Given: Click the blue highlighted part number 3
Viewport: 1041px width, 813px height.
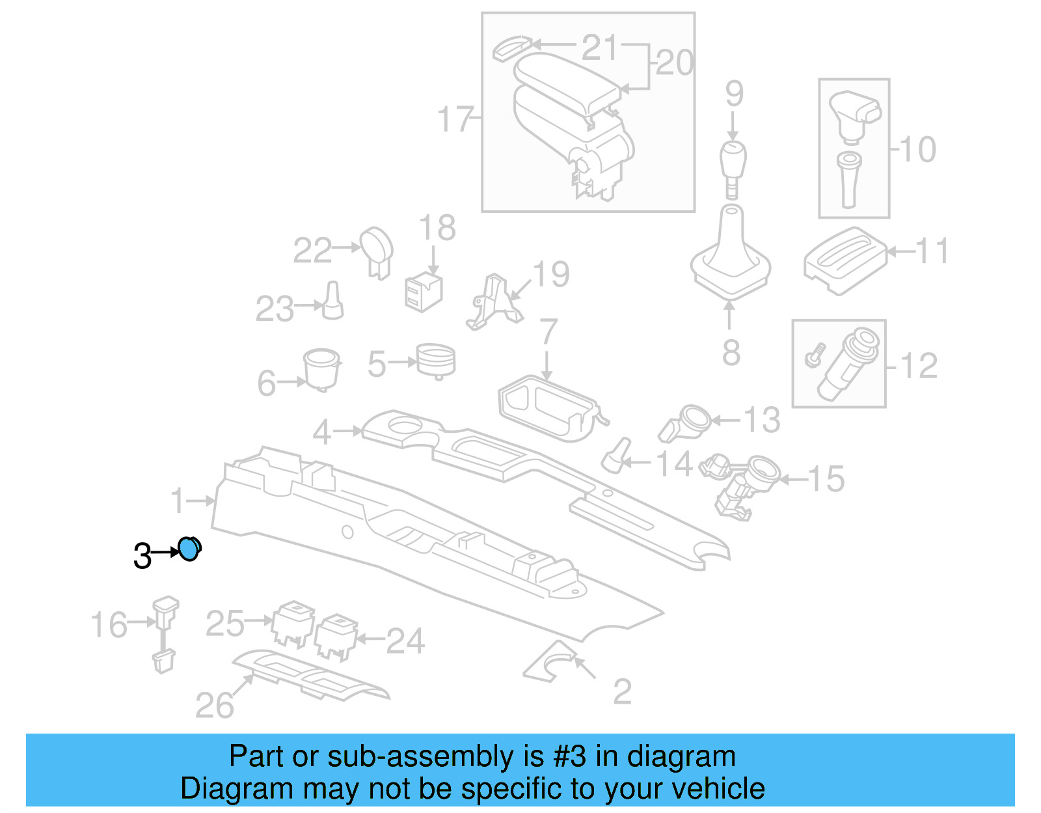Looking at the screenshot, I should pos(189,549).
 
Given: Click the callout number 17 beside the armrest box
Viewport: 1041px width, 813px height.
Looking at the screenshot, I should pos(455,119).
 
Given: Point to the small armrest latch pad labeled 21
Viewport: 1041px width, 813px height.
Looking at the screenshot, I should pos(512,48).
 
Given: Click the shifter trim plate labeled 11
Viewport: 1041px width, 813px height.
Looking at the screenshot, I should pos(844,260).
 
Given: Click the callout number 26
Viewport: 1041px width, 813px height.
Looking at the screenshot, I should pos(215,706).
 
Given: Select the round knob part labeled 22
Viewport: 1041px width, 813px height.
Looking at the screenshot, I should pos(377,250).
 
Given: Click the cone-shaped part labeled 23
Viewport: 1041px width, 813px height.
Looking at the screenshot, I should pos(332,301).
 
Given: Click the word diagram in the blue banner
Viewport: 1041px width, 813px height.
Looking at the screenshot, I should pos(681,757).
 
